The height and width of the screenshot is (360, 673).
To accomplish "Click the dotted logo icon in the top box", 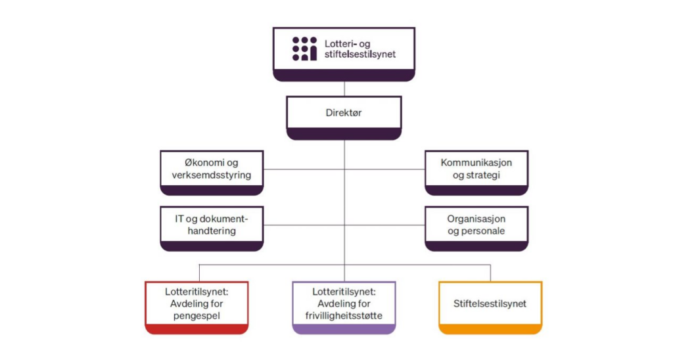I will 304,49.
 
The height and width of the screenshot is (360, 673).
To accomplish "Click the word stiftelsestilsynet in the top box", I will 360,55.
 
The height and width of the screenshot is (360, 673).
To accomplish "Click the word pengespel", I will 197,315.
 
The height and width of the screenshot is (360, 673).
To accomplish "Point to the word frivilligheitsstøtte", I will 344,315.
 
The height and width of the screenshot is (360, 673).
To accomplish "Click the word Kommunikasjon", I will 476,162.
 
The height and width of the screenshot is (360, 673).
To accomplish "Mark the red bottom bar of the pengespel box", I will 197,330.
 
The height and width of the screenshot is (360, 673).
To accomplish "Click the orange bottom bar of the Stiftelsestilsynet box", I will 490,330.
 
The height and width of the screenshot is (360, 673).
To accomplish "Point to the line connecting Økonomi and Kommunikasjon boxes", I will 302,169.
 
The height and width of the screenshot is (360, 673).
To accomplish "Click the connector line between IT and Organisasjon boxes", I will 302,225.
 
